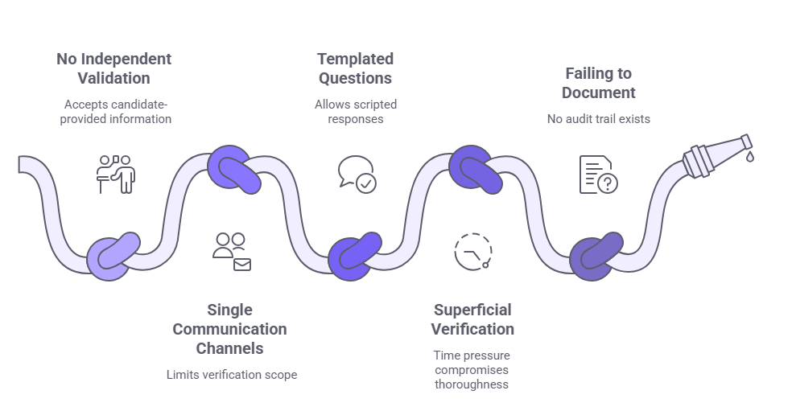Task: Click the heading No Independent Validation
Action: click(x=113, y=68)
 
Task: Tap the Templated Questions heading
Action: click(x=355, y=68)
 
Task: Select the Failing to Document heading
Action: click(x=598, y=83)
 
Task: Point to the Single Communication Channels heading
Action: click(x=229, y=329)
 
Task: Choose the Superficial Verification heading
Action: click(x=472, y=319)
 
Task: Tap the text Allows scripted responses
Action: click(x=355, y=112)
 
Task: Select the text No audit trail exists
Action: click(x=598, y=119)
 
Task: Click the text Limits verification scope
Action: click(x=232, y=375)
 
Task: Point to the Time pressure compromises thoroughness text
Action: click(x=472, y=369)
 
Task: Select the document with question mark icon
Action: click(x=598, y=175)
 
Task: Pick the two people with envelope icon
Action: click(x=232, y=251)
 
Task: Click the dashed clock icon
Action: click(x=473, y=251)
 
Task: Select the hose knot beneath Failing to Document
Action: click(x=596, y=257)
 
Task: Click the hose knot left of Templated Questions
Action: click(x=235, y=167)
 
